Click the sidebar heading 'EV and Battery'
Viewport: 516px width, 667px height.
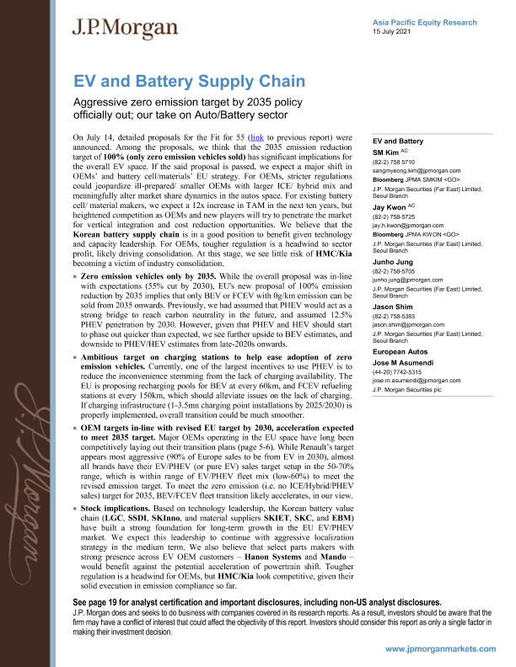pyautogui.click(x=398, y=140)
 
